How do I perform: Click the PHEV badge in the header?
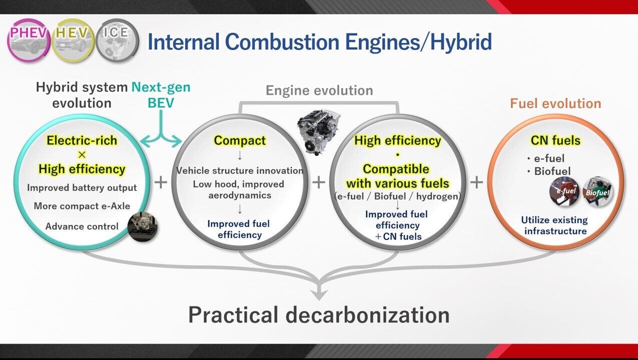coord(29,40)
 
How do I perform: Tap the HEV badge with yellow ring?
coord(73,40)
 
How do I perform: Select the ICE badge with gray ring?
coord(117,40)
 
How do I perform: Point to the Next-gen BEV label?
coord(161,95)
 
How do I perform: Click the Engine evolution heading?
coord(319,90)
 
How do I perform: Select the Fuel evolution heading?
coord(555,103)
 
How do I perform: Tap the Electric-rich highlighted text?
coord(82,140)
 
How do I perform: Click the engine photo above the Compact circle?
coord(318,131)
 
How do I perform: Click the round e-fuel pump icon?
coord(564,191)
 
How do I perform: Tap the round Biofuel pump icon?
coord(597,191)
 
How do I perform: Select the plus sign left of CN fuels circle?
coord(476,182)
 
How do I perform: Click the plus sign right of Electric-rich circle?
coord(161,182)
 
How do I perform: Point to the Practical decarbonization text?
coord(319,315)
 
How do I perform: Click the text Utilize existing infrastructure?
coord(555,225)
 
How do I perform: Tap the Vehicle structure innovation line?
coord(240,170)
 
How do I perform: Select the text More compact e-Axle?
coord(82,206)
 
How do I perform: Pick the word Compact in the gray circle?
coord(240,140)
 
